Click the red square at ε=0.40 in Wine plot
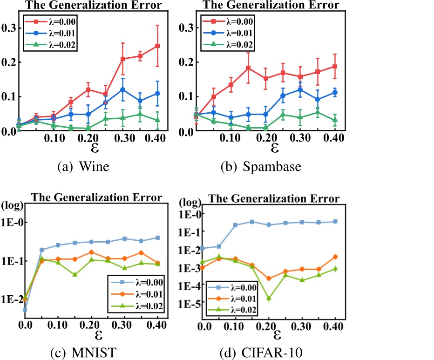click(157, 46)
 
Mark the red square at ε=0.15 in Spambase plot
click(248, 68)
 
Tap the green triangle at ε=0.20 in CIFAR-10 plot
click(269, 298)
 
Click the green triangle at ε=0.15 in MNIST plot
click(75, 274)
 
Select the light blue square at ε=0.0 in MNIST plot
click(25, 309)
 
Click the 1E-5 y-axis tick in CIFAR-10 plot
click(187, 304)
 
